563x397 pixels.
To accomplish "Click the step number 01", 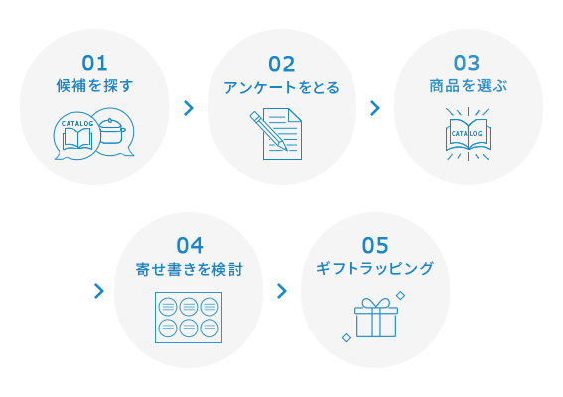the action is click(x=94, y=64).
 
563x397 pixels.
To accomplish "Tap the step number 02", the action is click(x=282, y=65).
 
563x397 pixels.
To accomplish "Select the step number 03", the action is click(x=467, y=64).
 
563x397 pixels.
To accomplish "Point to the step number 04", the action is click(x=190, y=246).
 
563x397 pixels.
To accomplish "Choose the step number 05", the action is click(x=375, y=245).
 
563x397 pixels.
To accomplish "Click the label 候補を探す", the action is click(x=94, y=86).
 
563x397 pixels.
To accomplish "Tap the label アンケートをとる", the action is click(x=282, y=87).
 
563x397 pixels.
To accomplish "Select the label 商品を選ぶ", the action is click(x=469, y=86).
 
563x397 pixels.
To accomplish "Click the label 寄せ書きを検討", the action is click(x=190, y=269).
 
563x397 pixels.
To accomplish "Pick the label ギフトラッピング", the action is click(x=375, y=269).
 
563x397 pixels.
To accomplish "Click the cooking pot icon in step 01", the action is click(x=111, y=131).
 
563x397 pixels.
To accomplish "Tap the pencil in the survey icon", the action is click(x=268, y=131).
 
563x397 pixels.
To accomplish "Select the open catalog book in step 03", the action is click(x=468, y=134).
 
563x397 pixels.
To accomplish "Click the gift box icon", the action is click(x=376, y=318).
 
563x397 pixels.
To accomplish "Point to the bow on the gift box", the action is click(x=376, y=303).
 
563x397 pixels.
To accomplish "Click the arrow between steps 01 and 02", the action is click(x=189, y=108).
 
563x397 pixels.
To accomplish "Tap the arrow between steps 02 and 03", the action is click(x=375, y=108).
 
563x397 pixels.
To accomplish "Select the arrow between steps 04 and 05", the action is click(x=282, y=291).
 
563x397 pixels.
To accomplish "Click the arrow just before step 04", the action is click(x=99, y=291).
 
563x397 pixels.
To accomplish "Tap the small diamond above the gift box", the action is click(x=401, y=296).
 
